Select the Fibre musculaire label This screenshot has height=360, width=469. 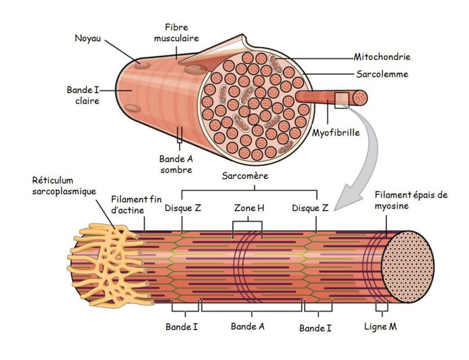point(177,33)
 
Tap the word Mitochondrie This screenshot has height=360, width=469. point(382,57)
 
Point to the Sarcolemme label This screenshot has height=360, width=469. point(381,74)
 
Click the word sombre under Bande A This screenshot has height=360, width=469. point(176,170)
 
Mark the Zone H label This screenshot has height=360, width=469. point(249,208)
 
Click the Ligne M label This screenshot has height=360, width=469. point(381,327)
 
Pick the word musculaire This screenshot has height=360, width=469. point(177,38)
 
